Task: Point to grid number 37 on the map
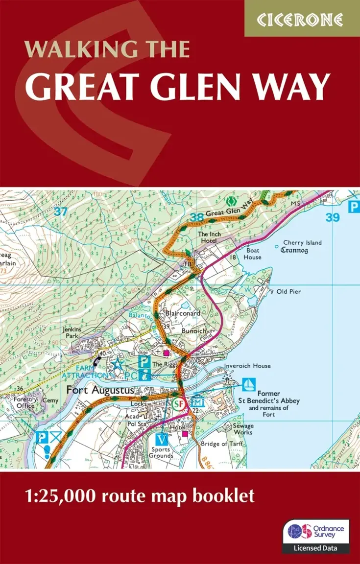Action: coord(61,211)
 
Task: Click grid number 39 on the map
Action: coord(333,217)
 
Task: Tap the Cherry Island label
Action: coord(302,243)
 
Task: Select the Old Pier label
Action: coord(288,291)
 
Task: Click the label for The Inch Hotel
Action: coord(210,238)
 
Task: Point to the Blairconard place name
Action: coord(182,314)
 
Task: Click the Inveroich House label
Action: coord(247,366)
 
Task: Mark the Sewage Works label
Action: coord(243,429)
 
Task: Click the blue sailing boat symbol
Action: coord(248,384)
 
